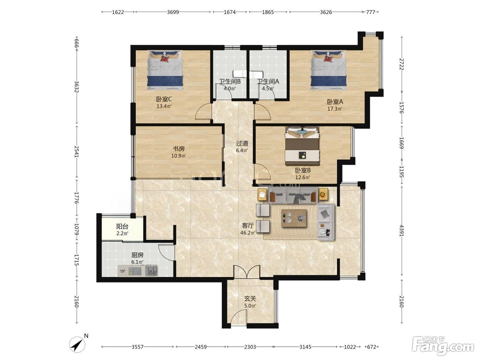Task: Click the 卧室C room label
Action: click(164, 99)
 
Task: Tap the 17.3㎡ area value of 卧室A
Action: click(335, 109)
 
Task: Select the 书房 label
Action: click(179, 149)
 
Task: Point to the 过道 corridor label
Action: click(242, 143)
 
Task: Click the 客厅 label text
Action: click(248, 225)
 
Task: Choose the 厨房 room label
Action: click(137, 255)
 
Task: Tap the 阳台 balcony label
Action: click(122, 226)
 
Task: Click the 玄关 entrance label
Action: click(250, 299)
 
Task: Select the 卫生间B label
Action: click(230, 82)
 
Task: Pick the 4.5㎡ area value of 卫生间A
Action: click(268, 88)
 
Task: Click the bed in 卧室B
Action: click(302, 146)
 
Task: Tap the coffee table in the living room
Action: click(294, 218)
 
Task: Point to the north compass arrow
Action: click(77, 345)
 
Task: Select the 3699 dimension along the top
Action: click(173, 12)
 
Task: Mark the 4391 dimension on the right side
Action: click(402, 231)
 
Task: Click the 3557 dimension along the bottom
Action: click(137, 347)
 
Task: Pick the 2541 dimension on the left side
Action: click(76, 152)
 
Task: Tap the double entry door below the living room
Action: click(247, 272)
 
